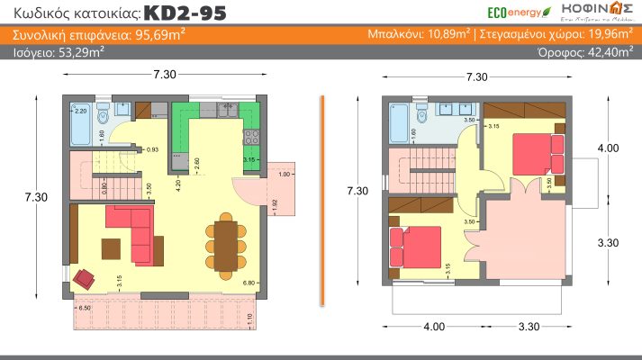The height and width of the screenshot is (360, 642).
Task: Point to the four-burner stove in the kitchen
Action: (x=250, y=139)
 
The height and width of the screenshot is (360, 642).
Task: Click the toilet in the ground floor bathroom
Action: (x=103, y=116)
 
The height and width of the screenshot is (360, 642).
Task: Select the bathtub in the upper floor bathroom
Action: (x=398, y=125)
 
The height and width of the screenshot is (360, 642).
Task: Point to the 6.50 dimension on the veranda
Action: (x=84, y=308)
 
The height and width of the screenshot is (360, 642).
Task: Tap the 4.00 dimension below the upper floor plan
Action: (x=434, y=327)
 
